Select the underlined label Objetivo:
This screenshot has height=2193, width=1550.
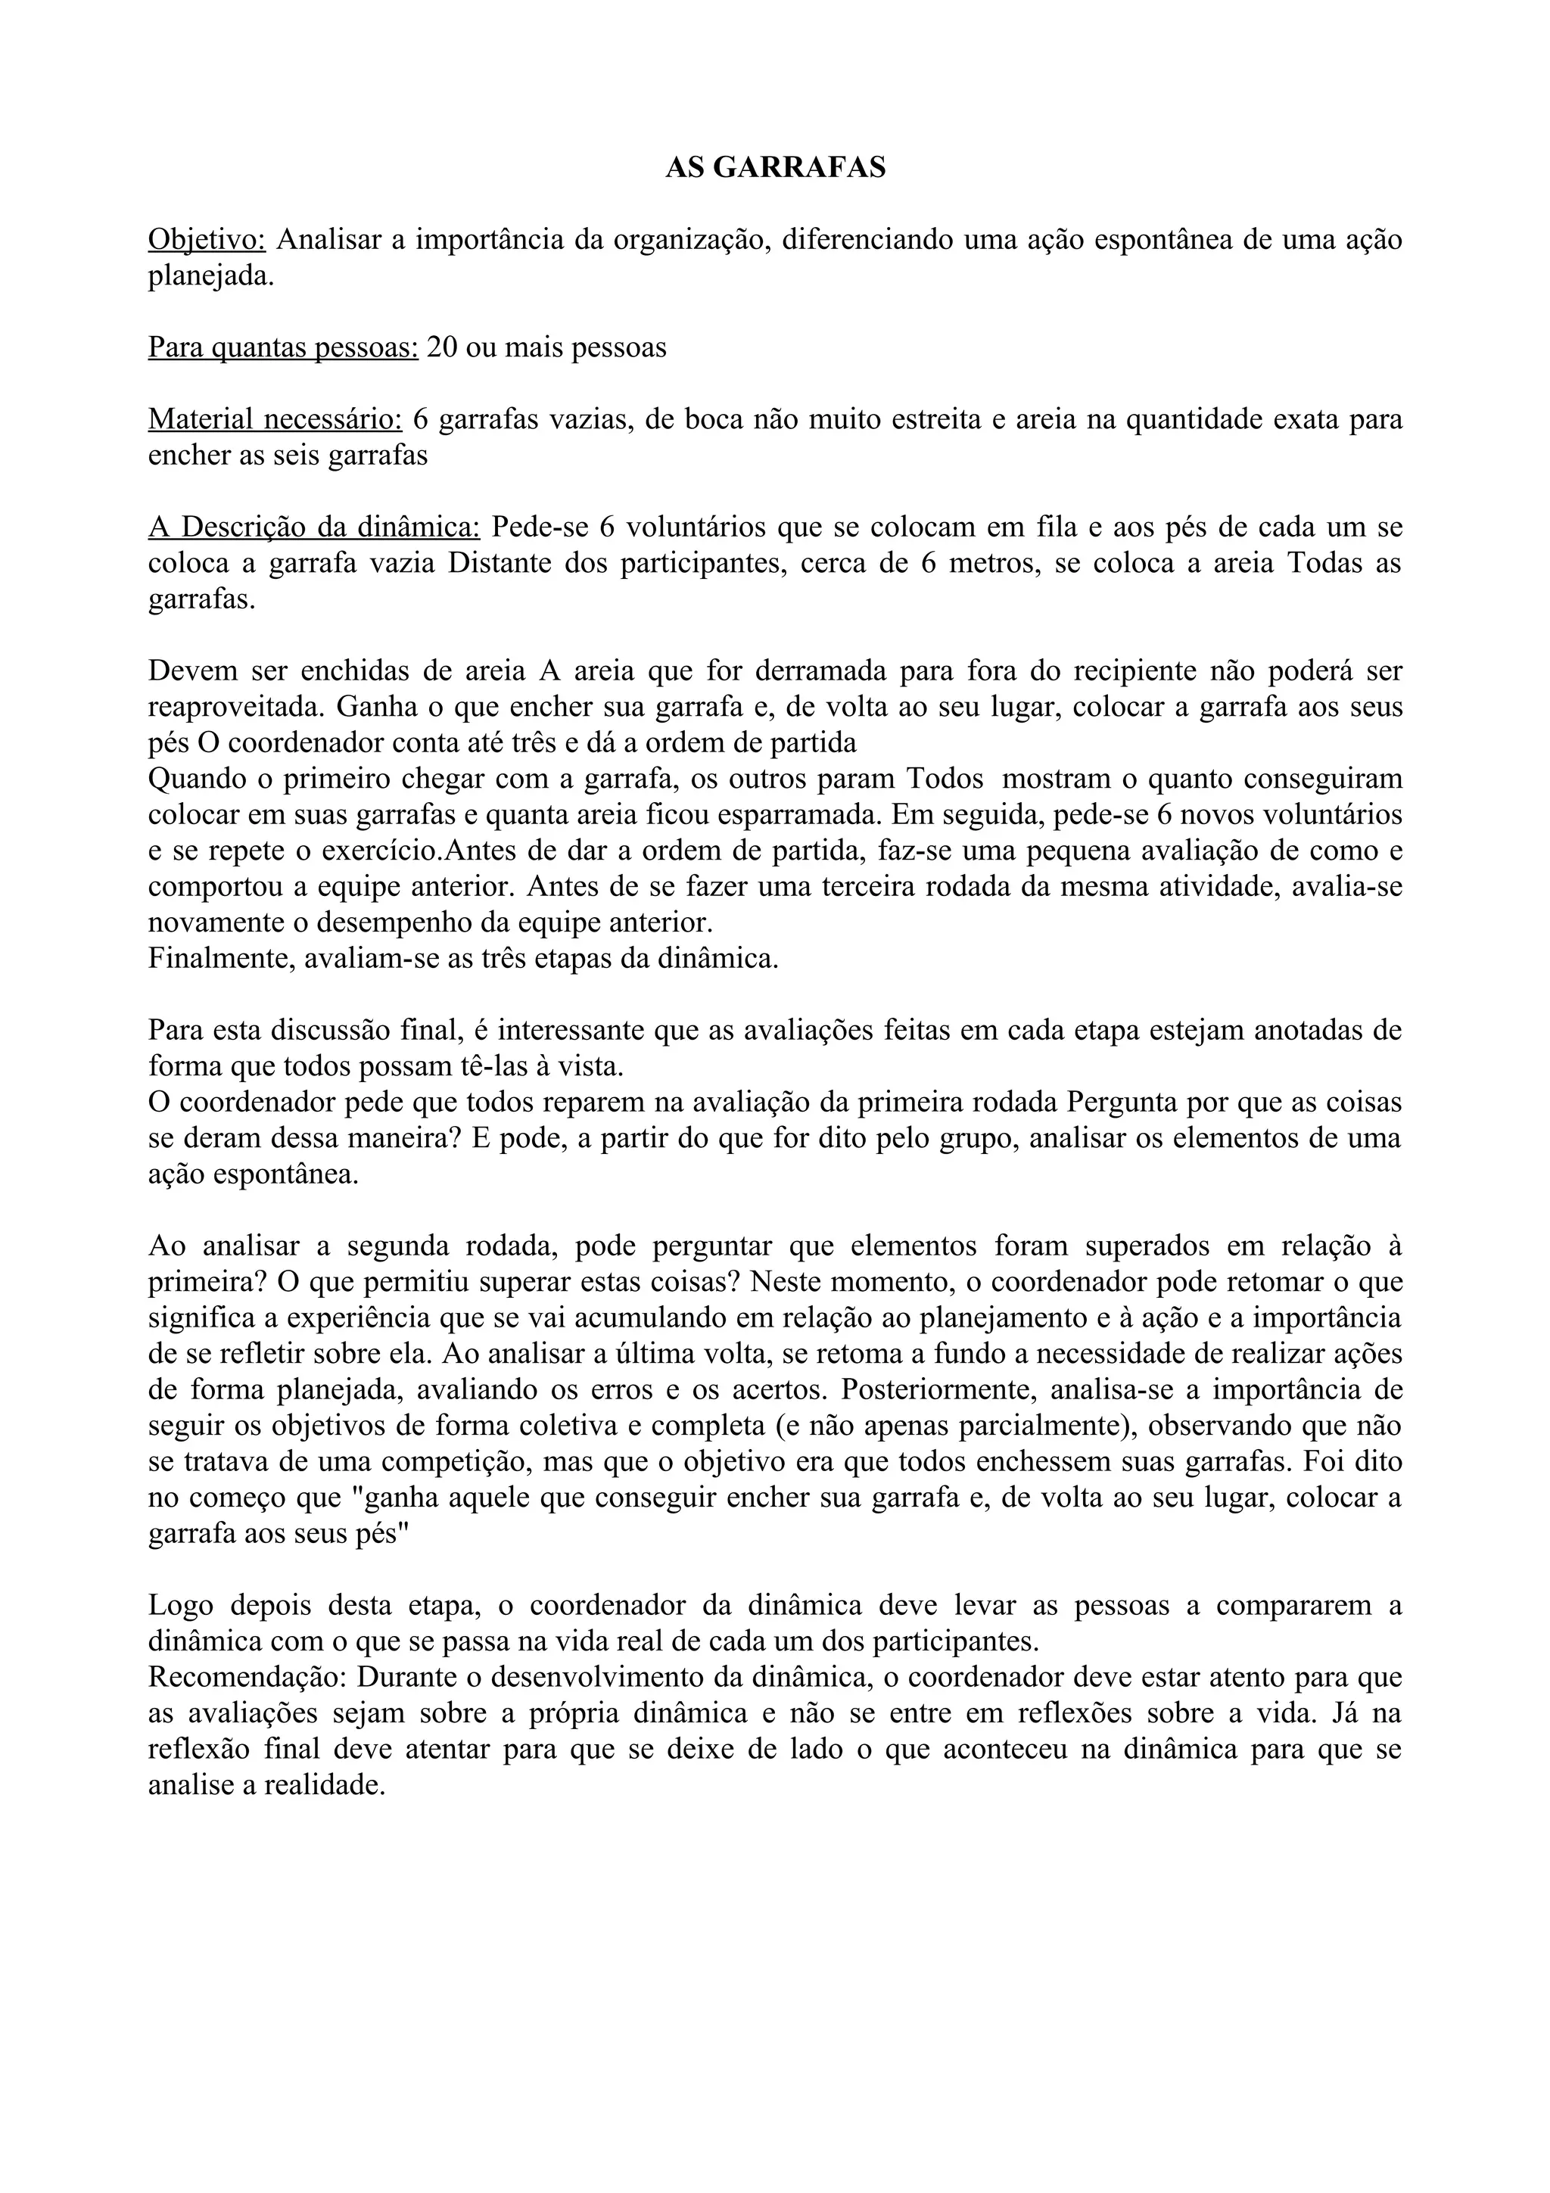(x=207, y=240)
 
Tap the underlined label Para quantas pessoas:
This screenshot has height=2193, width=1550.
(x=283, y=347)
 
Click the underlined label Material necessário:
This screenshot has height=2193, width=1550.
(x=275, y=419)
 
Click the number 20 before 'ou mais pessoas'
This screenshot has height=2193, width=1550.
(x=442, y=347)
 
